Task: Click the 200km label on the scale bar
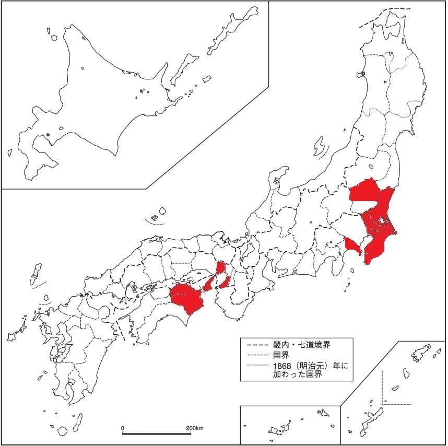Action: coord(194,428)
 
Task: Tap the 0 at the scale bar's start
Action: coord(123,428)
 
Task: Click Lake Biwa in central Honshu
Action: coord(244,252)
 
